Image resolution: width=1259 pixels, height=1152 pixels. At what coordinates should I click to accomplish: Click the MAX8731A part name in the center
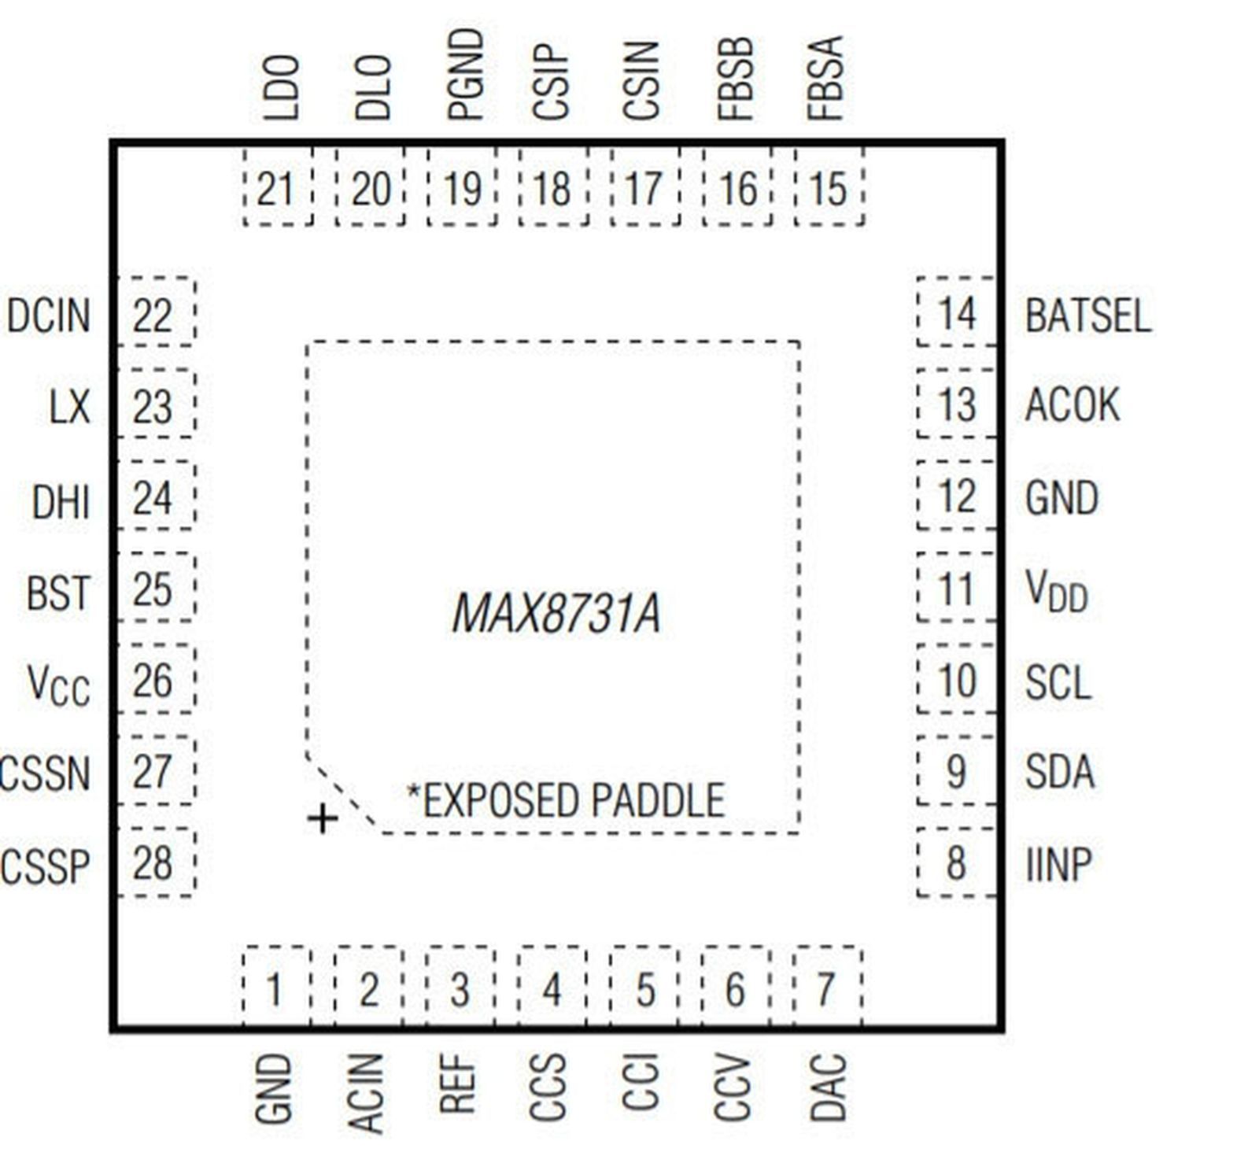point(556,614)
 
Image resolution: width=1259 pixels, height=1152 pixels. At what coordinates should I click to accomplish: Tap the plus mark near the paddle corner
point(322,819)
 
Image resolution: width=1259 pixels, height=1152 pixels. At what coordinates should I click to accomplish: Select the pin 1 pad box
point(275,988)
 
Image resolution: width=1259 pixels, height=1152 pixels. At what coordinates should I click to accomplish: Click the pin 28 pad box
point(155,862)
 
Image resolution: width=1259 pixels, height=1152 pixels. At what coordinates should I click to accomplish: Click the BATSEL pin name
point(1087,315)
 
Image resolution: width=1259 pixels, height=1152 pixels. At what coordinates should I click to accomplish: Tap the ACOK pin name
point(1072,405)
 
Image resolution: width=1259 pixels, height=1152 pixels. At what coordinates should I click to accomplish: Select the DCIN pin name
point(49,315)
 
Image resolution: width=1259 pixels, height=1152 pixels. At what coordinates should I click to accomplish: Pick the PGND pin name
point(464,75)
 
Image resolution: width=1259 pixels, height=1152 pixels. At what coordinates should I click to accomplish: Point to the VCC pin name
point(58,683)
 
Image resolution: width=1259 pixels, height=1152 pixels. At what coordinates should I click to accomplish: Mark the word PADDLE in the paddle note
point(657,800)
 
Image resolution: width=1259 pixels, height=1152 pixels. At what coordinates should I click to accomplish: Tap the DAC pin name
point(828,1086)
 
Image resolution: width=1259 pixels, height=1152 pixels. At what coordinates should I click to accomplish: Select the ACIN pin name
point(366,1092)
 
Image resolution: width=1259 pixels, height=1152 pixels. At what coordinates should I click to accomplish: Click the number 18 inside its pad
point(552,189)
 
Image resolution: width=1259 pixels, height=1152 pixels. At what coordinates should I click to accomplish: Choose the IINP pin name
point(1059,864)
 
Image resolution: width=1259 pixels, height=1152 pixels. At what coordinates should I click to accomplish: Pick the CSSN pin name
point(46,773)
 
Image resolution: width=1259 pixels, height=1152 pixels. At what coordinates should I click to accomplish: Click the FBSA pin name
point(826,79)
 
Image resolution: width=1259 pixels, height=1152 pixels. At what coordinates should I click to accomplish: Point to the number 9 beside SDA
point(955,771)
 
